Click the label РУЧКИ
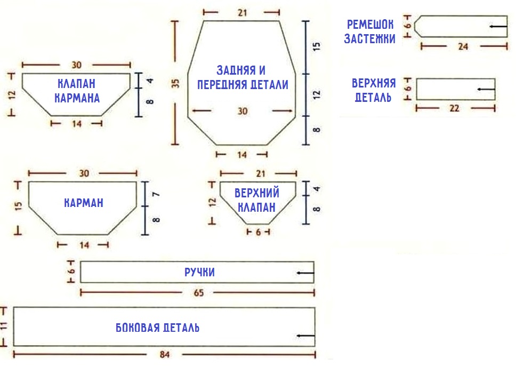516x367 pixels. pos(199,273)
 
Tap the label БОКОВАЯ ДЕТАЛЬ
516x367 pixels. pos(158,328)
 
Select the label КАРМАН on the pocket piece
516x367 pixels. pos(83,203)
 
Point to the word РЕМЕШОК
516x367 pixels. pos(371,25)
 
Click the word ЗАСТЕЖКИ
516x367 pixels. pos(370,39)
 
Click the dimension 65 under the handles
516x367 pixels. pos(198,292)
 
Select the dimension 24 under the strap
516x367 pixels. pos(463,46)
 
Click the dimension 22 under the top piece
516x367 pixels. pos(455,108)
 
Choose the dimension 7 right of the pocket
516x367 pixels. pos(156,195)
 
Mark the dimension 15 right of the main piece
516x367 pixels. pos(317,46)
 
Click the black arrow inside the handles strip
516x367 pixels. pos(305,273)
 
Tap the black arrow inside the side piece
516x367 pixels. pos(305,336)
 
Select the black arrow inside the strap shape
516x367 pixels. pos(498,26)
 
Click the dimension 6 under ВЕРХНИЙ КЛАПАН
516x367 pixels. pos(258,233)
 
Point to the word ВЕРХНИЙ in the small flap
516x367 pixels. pos(257,193)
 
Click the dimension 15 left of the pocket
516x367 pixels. pos(19,206)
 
